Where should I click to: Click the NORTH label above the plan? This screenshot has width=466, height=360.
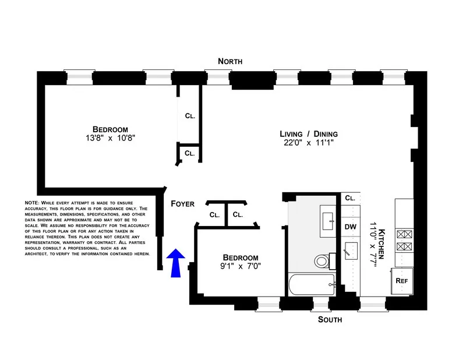(x=230, y=61)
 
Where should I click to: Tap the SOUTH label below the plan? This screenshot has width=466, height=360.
(x=330, y=320)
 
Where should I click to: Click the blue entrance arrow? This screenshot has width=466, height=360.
(x=176, y=262)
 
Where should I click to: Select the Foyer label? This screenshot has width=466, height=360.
(x=182, y=204)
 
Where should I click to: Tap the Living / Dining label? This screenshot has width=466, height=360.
(x=308, y=134)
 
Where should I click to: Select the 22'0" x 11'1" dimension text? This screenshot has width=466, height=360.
(x=308, y=143)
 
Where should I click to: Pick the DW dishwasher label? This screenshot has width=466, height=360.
(x=350, y=227)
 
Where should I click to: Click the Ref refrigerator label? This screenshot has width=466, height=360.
(x=401, y=280)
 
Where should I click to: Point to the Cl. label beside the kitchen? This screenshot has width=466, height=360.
(x=349, y=198)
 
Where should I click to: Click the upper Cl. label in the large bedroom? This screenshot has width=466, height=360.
(x=190, y=116)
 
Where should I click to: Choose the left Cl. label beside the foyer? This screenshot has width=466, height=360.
(x=214, y=214)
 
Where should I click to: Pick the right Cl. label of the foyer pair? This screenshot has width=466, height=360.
(x=238, y=214)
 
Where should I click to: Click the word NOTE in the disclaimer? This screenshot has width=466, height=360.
(x=31, y=202)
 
